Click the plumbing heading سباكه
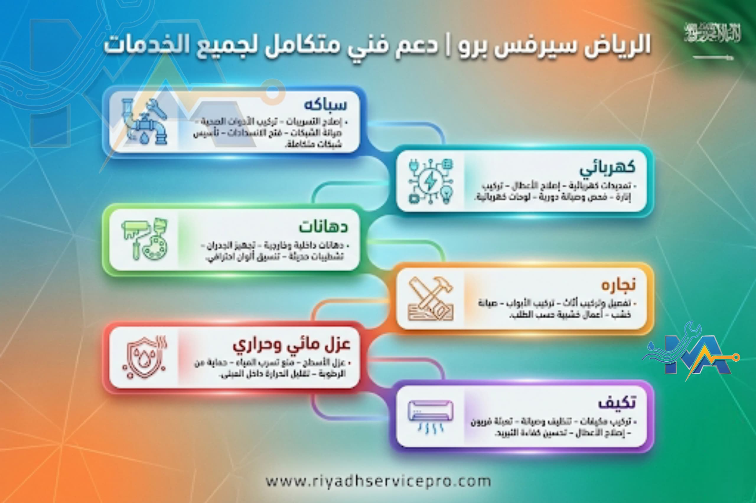325,105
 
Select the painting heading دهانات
323,227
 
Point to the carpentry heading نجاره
618,285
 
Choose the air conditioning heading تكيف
616,403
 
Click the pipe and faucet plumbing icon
144,122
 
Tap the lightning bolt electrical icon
430,181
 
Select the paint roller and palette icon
144,239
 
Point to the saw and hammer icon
431,299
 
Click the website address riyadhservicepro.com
378,481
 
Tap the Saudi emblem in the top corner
713,33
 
